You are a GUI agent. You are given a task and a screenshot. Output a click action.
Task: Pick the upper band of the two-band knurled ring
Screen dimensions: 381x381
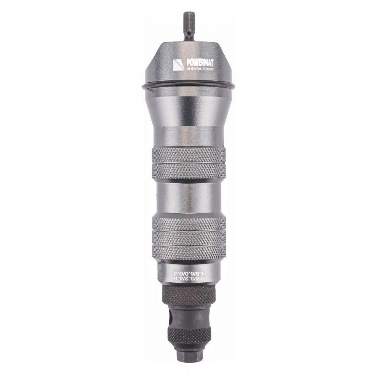tap(189, 155)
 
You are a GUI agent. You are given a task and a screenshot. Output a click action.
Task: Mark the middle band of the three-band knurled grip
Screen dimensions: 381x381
tap(189, 238)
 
